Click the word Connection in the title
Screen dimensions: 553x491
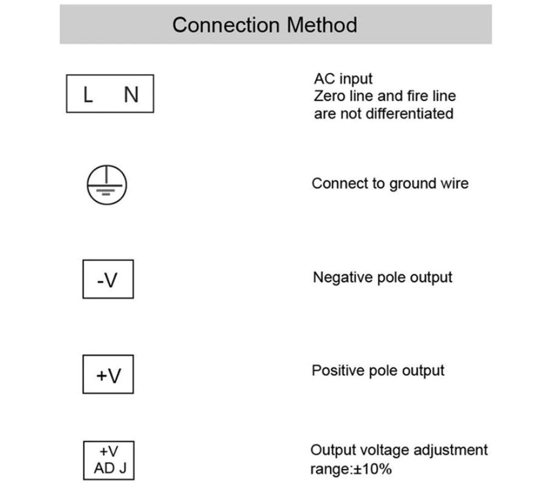pos(226,25)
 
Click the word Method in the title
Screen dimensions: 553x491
pos(322,25)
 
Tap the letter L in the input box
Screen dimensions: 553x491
pos(88,95)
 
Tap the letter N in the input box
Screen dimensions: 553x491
pos(131,95)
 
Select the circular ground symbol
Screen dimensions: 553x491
pos(107,185)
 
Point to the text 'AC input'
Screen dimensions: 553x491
pos(343,79)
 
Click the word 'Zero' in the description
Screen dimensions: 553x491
pos(330,96)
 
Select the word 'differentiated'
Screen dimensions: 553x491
pos(409,113)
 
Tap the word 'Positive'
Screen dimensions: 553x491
pos(338,371)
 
